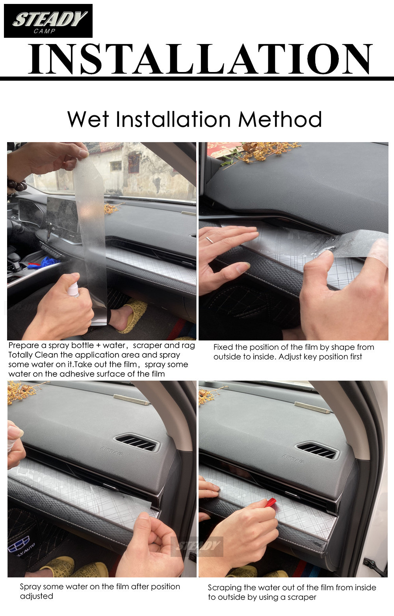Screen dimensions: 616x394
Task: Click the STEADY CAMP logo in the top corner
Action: coord(48,21)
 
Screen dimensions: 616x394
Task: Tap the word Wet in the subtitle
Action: coord(87,119)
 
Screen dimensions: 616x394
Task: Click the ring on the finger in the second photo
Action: coord(210,240)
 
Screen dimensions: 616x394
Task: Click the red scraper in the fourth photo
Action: coord(271,502)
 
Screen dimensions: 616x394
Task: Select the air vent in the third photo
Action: coord(136,443)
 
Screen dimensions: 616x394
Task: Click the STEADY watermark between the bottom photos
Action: coord(197,546)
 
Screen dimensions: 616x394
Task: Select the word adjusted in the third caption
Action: coord(36,596)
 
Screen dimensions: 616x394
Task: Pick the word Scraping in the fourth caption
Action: coord(225,588)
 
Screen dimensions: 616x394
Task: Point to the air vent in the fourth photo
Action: coord(317,451)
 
